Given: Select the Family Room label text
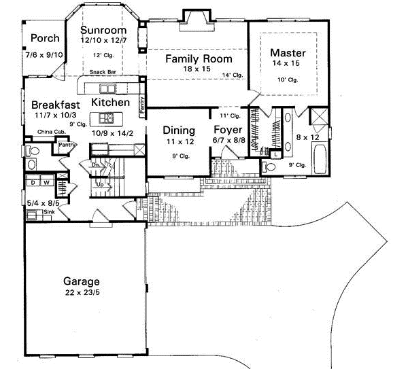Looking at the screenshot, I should pos(199,59).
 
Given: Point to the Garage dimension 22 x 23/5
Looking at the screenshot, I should pos(82,293).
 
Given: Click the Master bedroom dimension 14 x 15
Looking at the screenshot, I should pos(288,64).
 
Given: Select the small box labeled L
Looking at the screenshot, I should pos(274,155).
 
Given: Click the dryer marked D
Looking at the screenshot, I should pos(32,181).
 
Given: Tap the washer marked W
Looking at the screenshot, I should pos(45,181).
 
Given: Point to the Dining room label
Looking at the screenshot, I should pos(180,130).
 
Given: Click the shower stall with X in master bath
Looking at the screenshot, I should pos(318,120).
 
